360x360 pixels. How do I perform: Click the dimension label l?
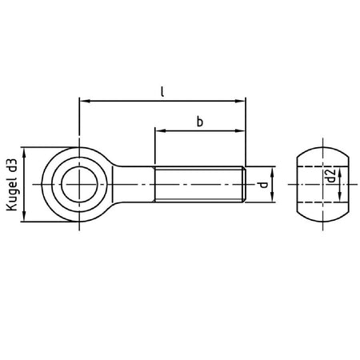[x=162, y=91]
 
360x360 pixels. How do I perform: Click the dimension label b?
[x=200, y=122]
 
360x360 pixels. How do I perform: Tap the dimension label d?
[x=263, y=185]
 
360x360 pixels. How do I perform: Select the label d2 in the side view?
[x=330, y=176]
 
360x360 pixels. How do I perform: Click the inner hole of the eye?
[x=79, y=184]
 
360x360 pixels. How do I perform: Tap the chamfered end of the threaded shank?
[x=244, y=184]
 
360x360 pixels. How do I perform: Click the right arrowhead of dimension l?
[x=240, y=101]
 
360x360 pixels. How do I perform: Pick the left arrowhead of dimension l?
[x=85, y=101]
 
